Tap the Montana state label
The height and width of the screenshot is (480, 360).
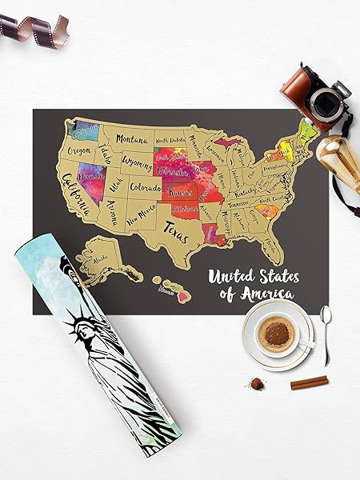click(x=132, y=138)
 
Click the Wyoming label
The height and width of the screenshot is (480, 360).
click(x=137, y=162)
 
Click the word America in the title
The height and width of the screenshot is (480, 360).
click(x=270, y=294)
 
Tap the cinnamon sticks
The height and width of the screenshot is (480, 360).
click(x=308, y=383)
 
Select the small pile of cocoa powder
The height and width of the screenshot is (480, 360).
click(x=258, y=384)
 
